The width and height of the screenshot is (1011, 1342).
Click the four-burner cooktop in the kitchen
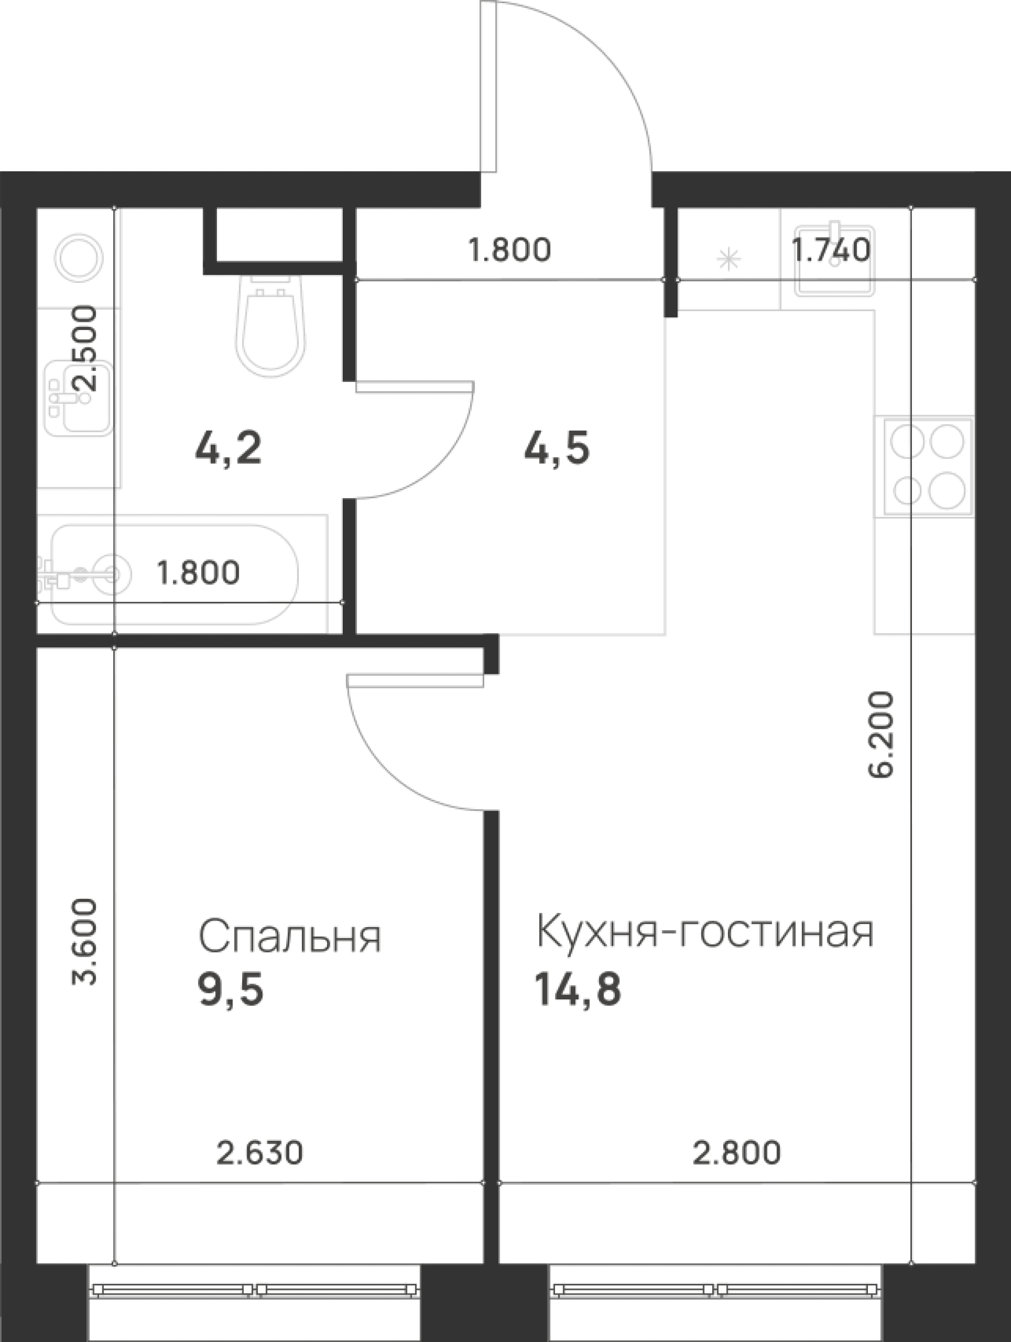927,466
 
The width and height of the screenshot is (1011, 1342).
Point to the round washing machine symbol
78,258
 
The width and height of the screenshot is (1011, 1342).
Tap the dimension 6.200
881,735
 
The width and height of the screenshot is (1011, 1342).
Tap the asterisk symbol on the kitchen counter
729,260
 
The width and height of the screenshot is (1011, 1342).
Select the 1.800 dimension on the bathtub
199,572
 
